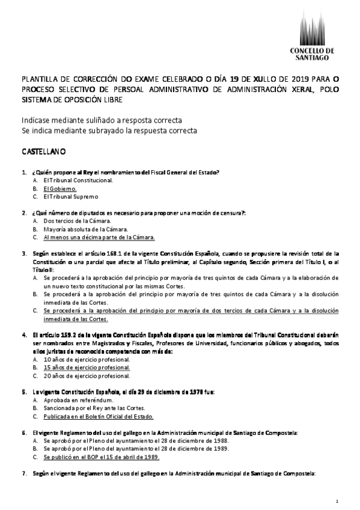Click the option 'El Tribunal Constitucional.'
(x=78, y=180)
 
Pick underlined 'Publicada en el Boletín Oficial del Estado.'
(x=99, y=416)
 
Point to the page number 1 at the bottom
(x=338, y=501)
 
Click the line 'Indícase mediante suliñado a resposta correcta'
(x=101, y=120)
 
